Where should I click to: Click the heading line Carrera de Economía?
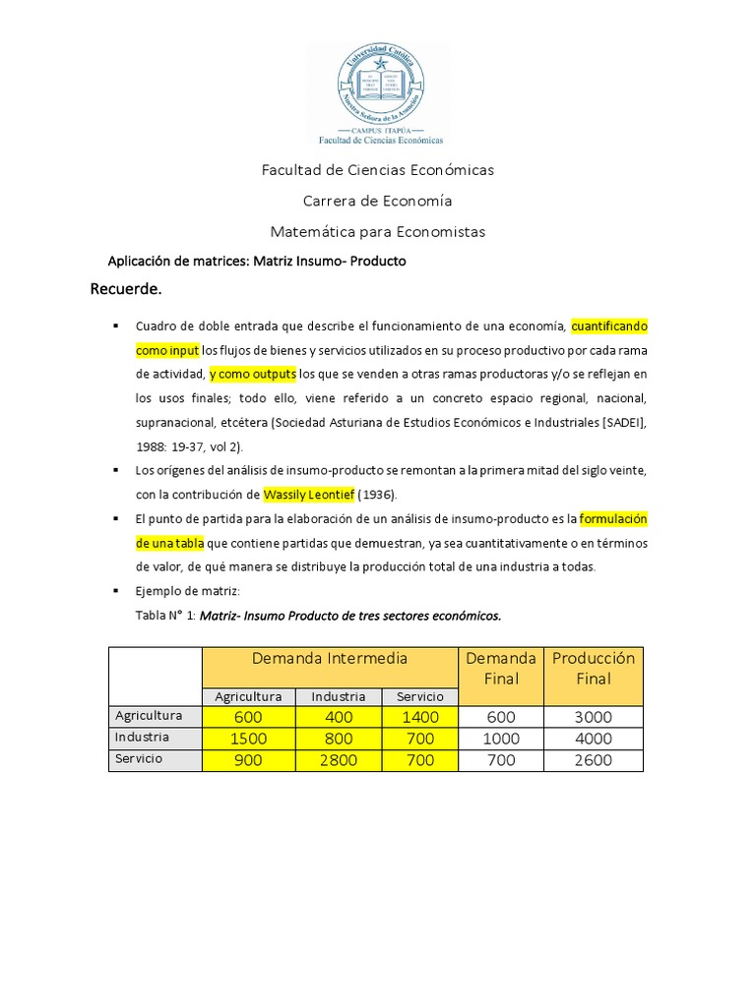[378, 201]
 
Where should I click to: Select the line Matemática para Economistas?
[378, 232]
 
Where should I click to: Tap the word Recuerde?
[126, 289]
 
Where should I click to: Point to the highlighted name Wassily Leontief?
[309, 495]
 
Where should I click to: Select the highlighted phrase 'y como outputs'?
[252, 375]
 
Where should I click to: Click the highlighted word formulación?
[614, 518]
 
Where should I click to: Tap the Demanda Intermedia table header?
[330, 658]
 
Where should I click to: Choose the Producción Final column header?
[594, 668]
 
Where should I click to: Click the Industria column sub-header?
[339, 696]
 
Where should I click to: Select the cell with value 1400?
[420, 717]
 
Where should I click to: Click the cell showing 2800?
[339, 760]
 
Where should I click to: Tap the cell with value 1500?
[248, 739]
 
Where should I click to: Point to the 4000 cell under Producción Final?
[594, 739]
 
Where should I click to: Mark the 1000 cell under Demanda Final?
[501, 739]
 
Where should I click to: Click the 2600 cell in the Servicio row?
[594, 760]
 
